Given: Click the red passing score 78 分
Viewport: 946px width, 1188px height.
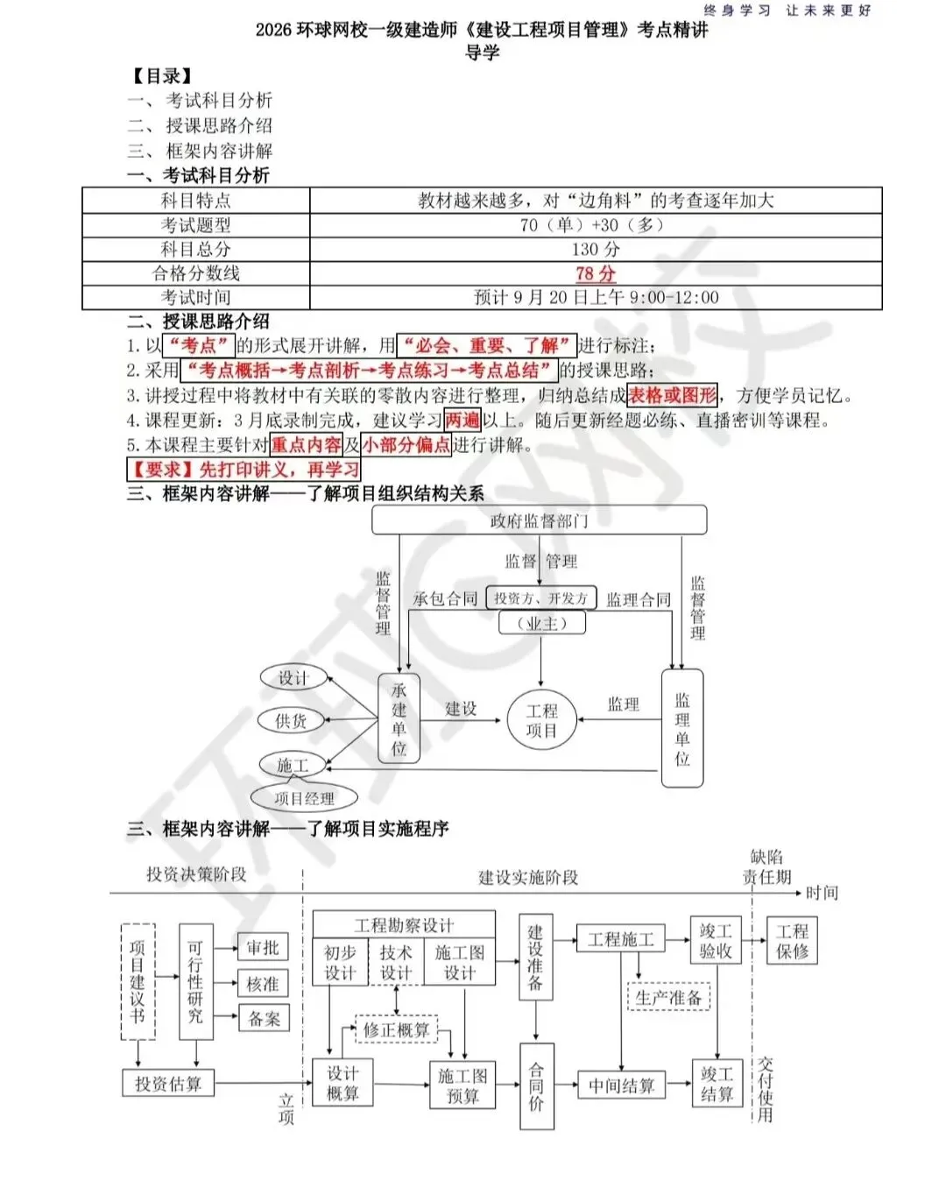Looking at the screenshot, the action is tap(596, 273).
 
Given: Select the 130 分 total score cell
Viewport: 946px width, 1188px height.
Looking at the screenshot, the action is tap(596, 250).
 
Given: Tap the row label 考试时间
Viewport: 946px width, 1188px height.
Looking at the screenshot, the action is tap(195, 298).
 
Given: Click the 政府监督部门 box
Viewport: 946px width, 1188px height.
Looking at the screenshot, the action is tap(539, 520).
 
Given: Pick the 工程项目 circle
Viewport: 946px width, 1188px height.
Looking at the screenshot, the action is tap(541, 720).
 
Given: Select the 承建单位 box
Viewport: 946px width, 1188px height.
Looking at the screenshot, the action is tap(399, 718).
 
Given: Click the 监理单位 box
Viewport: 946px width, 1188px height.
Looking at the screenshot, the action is tap(682, 728).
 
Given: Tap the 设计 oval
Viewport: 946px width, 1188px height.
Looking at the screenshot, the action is tap(293, 677).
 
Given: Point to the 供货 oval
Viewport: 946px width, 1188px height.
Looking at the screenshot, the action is tap(292, 720).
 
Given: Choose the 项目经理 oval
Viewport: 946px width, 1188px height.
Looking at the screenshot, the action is tap(304, 798).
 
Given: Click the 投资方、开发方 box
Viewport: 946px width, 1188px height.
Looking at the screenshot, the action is tap(540, 598).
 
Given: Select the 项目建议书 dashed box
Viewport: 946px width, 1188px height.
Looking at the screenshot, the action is tap(138, 981).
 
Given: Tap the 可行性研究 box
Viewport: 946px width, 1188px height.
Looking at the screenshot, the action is tap(195, 981).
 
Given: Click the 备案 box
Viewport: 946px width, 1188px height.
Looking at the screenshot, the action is tap(264, 1018).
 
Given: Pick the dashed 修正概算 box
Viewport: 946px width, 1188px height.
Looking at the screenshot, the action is tap(396, 1030).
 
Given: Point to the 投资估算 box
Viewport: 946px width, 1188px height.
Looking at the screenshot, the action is tap(168, 1084).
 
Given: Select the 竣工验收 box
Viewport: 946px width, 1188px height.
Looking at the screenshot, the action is tap(716, 941).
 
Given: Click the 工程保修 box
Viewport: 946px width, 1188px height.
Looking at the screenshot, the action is tap(793, 941).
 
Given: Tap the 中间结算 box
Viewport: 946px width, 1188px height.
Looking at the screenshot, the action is tap(621, 1085).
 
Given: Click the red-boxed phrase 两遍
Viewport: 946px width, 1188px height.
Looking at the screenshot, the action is tap(462, 420).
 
